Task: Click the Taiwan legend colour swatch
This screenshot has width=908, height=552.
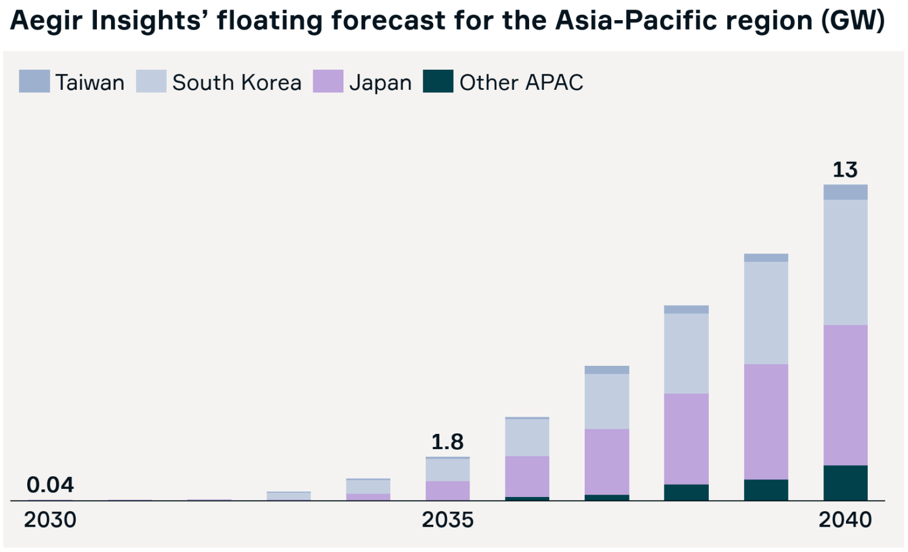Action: tap(34, 82)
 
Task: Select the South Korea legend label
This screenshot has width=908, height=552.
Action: tap(236, 83)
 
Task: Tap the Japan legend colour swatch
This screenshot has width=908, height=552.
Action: tap(328, 82)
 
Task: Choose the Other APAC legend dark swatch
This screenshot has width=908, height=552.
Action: tap(438, 82)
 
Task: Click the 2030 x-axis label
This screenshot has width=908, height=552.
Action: tap(50, 520)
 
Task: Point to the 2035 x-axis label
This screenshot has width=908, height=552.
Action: tap(447, 520)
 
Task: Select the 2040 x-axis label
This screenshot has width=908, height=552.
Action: tap(845, 520)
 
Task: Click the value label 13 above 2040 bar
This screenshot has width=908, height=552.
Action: tap(845, 170)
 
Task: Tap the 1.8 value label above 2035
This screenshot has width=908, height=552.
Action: tap(447, 442)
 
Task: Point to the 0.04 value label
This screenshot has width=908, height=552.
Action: tap(50, 485)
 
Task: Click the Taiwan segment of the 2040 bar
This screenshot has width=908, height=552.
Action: tap(845, 192)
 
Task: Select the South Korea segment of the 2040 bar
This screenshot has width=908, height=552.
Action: tap(845, 262)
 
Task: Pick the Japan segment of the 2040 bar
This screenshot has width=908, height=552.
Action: tap(845, 395)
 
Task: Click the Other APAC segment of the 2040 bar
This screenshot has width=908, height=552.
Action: tap(845, 483)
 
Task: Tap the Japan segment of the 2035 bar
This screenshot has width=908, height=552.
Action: tap(447, 491)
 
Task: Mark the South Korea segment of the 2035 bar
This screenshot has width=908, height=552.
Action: tap(447, 470)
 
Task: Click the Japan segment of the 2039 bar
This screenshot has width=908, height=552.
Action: tap(766, 421)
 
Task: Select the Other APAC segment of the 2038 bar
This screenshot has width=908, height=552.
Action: tap(686, 492)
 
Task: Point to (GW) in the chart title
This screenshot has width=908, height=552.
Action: tap(853, 21)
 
